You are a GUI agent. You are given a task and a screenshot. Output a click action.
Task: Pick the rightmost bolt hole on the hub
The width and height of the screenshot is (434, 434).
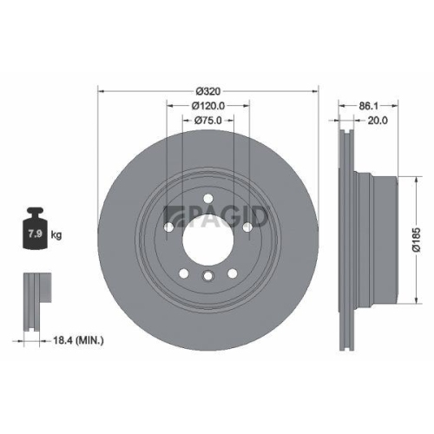249,227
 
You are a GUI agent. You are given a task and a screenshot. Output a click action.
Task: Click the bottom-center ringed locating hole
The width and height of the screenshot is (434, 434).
208,277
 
